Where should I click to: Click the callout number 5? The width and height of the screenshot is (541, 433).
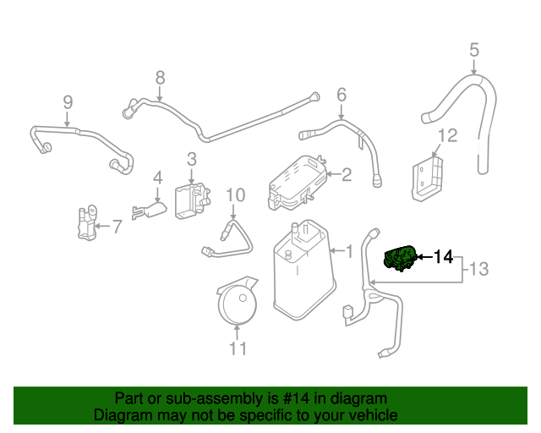pos(474,50)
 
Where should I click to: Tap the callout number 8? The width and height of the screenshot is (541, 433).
pos(160,79)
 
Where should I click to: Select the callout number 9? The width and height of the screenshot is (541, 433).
pos(68,102)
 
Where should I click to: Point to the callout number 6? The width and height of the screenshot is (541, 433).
pos(342,94)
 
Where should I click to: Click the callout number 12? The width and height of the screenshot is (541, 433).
pos(447,135)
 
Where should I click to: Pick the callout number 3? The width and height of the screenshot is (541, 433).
pos(192,158)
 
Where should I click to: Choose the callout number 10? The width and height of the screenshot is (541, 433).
pos(235,195)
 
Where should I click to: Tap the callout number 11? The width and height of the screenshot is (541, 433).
pos(238,348)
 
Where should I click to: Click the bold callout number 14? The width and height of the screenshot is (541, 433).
pos(443,257)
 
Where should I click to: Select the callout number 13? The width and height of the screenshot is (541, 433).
pos(479,270)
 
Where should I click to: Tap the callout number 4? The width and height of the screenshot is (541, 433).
pos(157,178)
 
